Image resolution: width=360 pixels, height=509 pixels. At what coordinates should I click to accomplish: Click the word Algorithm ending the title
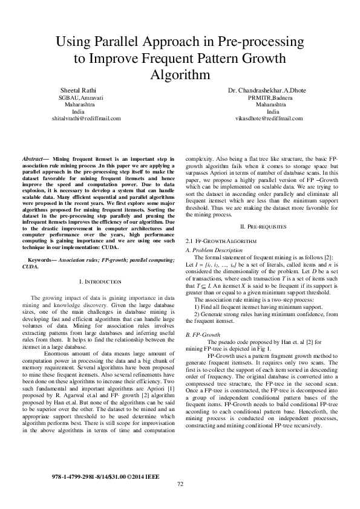pos(180,75)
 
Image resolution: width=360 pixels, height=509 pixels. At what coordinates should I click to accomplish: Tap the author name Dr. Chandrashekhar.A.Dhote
pos(267,90)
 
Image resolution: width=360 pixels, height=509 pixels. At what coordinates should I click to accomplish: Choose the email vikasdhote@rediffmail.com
pos(268,118)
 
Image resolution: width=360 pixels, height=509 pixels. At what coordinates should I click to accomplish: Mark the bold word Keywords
pos(40,260)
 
